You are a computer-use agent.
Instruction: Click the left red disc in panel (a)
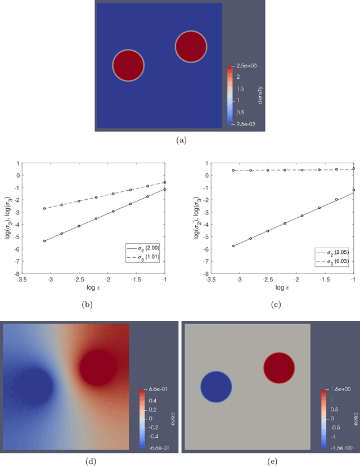tap(128, 65)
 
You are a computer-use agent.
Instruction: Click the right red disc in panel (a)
tap(191, 47)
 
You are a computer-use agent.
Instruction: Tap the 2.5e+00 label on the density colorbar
tap(249, 66)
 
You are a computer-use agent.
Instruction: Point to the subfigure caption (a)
tap(181, 141)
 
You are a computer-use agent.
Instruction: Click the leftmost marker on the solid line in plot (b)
tap(44, 241)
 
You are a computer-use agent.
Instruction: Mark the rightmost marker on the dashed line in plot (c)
tap(354, 168)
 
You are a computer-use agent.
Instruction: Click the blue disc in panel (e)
tap(217, 387)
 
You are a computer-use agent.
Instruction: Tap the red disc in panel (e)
tap(279, 368)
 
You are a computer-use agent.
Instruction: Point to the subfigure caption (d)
tap(89, 460)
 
